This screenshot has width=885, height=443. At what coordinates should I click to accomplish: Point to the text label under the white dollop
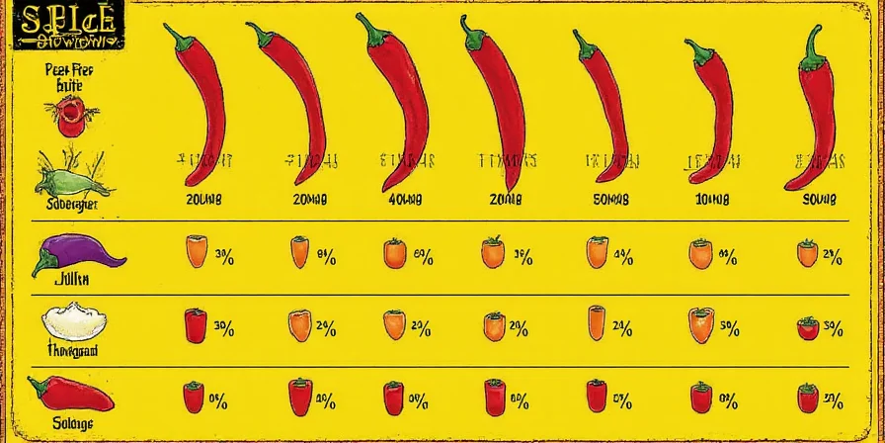72,350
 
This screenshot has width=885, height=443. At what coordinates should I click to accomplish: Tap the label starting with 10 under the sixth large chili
712,198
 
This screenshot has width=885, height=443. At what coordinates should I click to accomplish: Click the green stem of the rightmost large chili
814,44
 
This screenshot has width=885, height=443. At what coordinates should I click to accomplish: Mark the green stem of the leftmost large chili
178,38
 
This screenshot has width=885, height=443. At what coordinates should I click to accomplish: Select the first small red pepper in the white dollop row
195,324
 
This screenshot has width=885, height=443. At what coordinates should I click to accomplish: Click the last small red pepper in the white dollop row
807,329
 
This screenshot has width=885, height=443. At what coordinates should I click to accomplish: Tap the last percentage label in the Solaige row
832,401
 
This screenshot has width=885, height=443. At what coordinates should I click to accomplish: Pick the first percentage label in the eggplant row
222,258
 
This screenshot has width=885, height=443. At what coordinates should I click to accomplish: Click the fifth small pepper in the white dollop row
597,324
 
